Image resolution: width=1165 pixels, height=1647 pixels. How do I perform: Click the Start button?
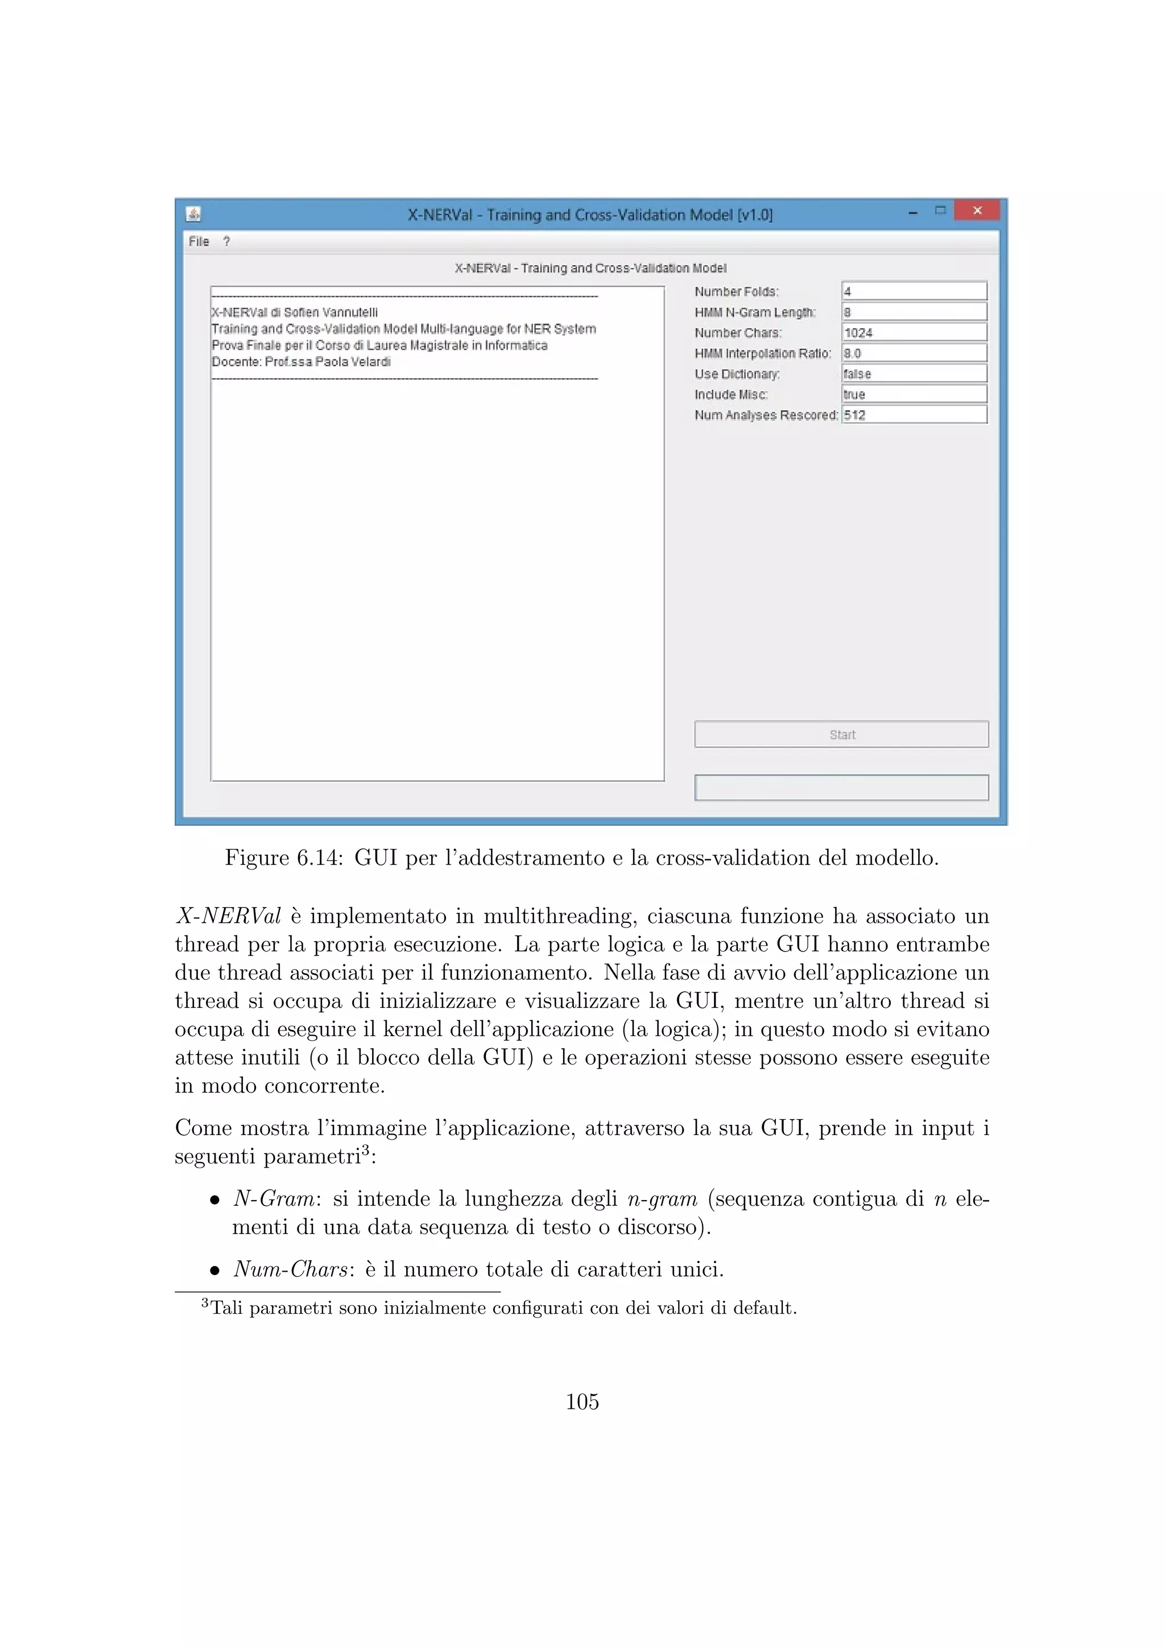(x=841, y=734)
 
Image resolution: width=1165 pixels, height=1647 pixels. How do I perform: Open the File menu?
(x=199, y=242)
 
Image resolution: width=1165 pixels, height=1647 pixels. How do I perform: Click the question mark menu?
(x=227, y=242)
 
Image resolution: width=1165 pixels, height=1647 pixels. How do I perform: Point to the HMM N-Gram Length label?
(x=755, y=312)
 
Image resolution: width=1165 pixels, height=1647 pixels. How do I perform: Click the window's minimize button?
(x=912, y=212)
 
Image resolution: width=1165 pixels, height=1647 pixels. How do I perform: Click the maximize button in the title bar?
(x=940, y=210)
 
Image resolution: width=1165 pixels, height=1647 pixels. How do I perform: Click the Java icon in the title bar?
(x=193, y=214)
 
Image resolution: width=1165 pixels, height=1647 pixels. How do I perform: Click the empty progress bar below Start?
(x=841, y=787)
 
